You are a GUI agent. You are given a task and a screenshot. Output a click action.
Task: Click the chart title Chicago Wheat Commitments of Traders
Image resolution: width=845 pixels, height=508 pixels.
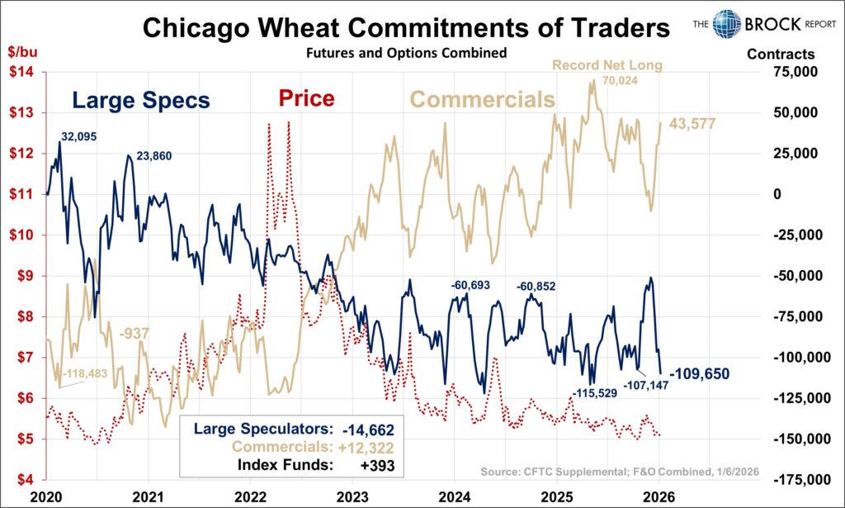pyautogui.click(x=405, y=29)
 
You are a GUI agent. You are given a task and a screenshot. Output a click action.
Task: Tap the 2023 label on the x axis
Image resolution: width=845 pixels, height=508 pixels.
pyautogui.click(x=353, y=498)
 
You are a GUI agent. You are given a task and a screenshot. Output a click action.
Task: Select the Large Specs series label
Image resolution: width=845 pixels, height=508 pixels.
pyautogui.click(x=140, y=101)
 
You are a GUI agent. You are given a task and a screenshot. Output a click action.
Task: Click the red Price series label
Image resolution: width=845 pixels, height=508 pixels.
pyautogui.click(x=306, y=99)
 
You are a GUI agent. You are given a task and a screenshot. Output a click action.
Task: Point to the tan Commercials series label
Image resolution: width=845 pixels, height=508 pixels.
pyautogui.click(x=483, y=100)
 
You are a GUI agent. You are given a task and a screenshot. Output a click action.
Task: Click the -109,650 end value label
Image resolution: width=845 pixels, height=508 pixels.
pyautogui.click(x=699, y=373)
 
